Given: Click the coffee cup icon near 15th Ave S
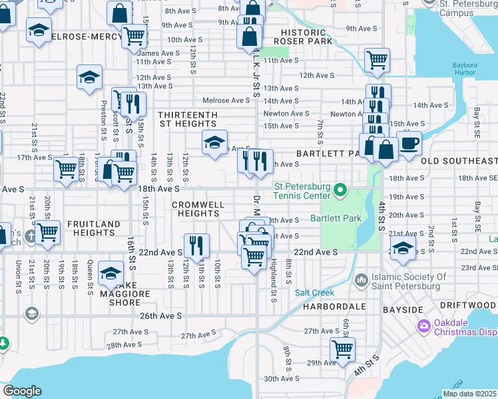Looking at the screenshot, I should (409, 143).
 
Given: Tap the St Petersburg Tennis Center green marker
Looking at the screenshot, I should (340, 192).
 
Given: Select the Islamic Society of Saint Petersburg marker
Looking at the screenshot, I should (362, 278).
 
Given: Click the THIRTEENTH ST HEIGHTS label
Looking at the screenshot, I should (188, 119).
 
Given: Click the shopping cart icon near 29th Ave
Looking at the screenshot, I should (342, 348).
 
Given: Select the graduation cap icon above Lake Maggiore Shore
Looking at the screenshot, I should (111, 272).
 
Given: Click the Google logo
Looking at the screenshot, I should (23, 391).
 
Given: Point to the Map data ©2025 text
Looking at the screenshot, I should (469, 394).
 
